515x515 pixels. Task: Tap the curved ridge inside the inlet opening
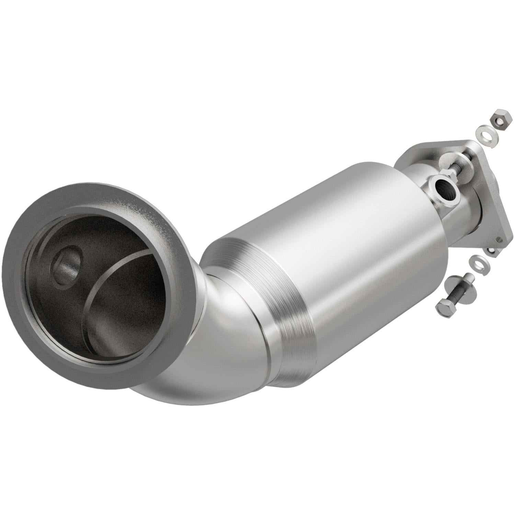113,275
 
